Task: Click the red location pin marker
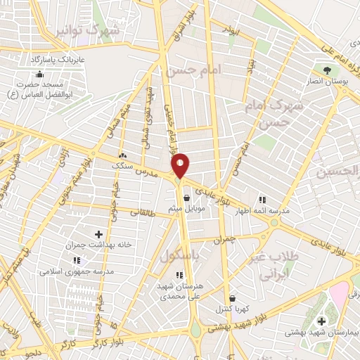click(181, 165)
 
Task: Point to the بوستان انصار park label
click(327, 82)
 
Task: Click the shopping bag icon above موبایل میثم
click(186, 198)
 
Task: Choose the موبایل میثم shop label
click(186, 209)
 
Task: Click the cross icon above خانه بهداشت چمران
click(98, 233)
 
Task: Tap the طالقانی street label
click(145, 210)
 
